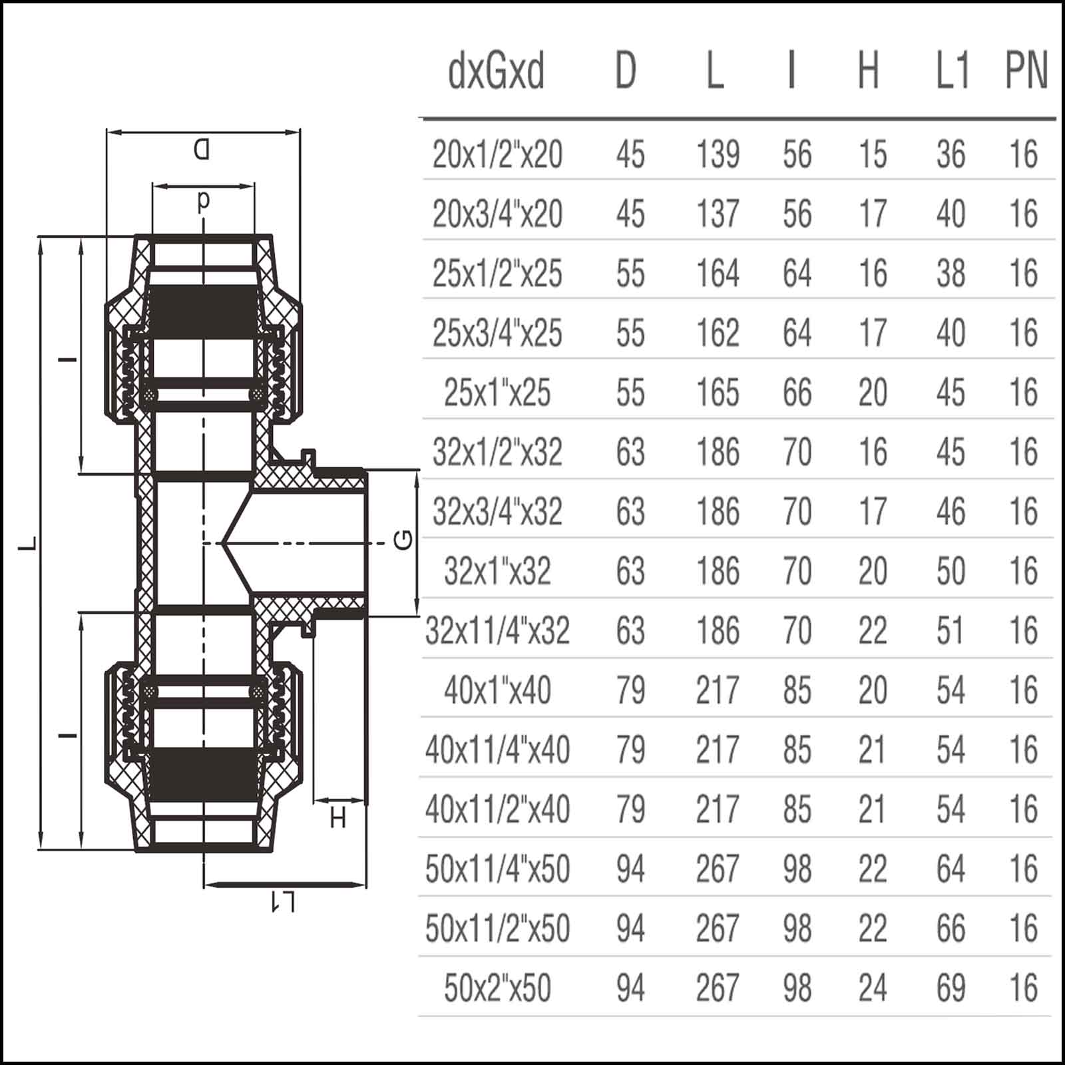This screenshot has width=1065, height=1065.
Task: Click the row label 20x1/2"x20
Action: (x=497, y=154)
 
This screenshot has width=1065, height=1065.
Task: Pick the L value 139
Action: (x=718, y=154)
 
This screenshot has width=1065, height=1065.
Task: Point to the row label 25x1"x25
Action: (x=497, y=393)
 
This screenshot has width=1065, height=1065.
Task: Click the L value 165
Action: (x=718, y=393)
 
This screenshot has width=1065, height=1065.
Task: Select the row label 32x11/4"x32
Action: (x=497, y=631)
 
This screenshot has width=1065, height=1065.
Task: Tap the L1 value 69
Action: (x=951, y=988)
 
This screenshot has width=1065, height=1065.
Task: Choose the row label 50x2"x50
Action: (x=497, y=988)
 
